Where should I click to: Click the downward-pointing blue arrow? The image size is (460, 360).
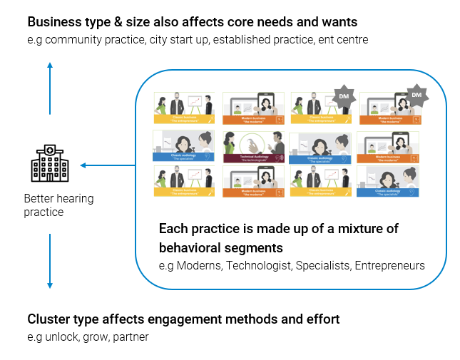click(x=49, y=260)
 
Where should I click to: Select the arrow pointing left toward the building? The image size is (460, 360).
click(x=107, y=165)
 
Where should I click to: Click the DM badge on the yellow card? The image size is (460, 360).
click(x=344, y=96)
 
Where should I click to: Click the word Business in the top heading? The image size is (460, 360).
click(x=54, y=21)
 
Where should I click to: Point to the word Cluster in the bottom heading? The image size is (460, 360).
click(x=48, y=319)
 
